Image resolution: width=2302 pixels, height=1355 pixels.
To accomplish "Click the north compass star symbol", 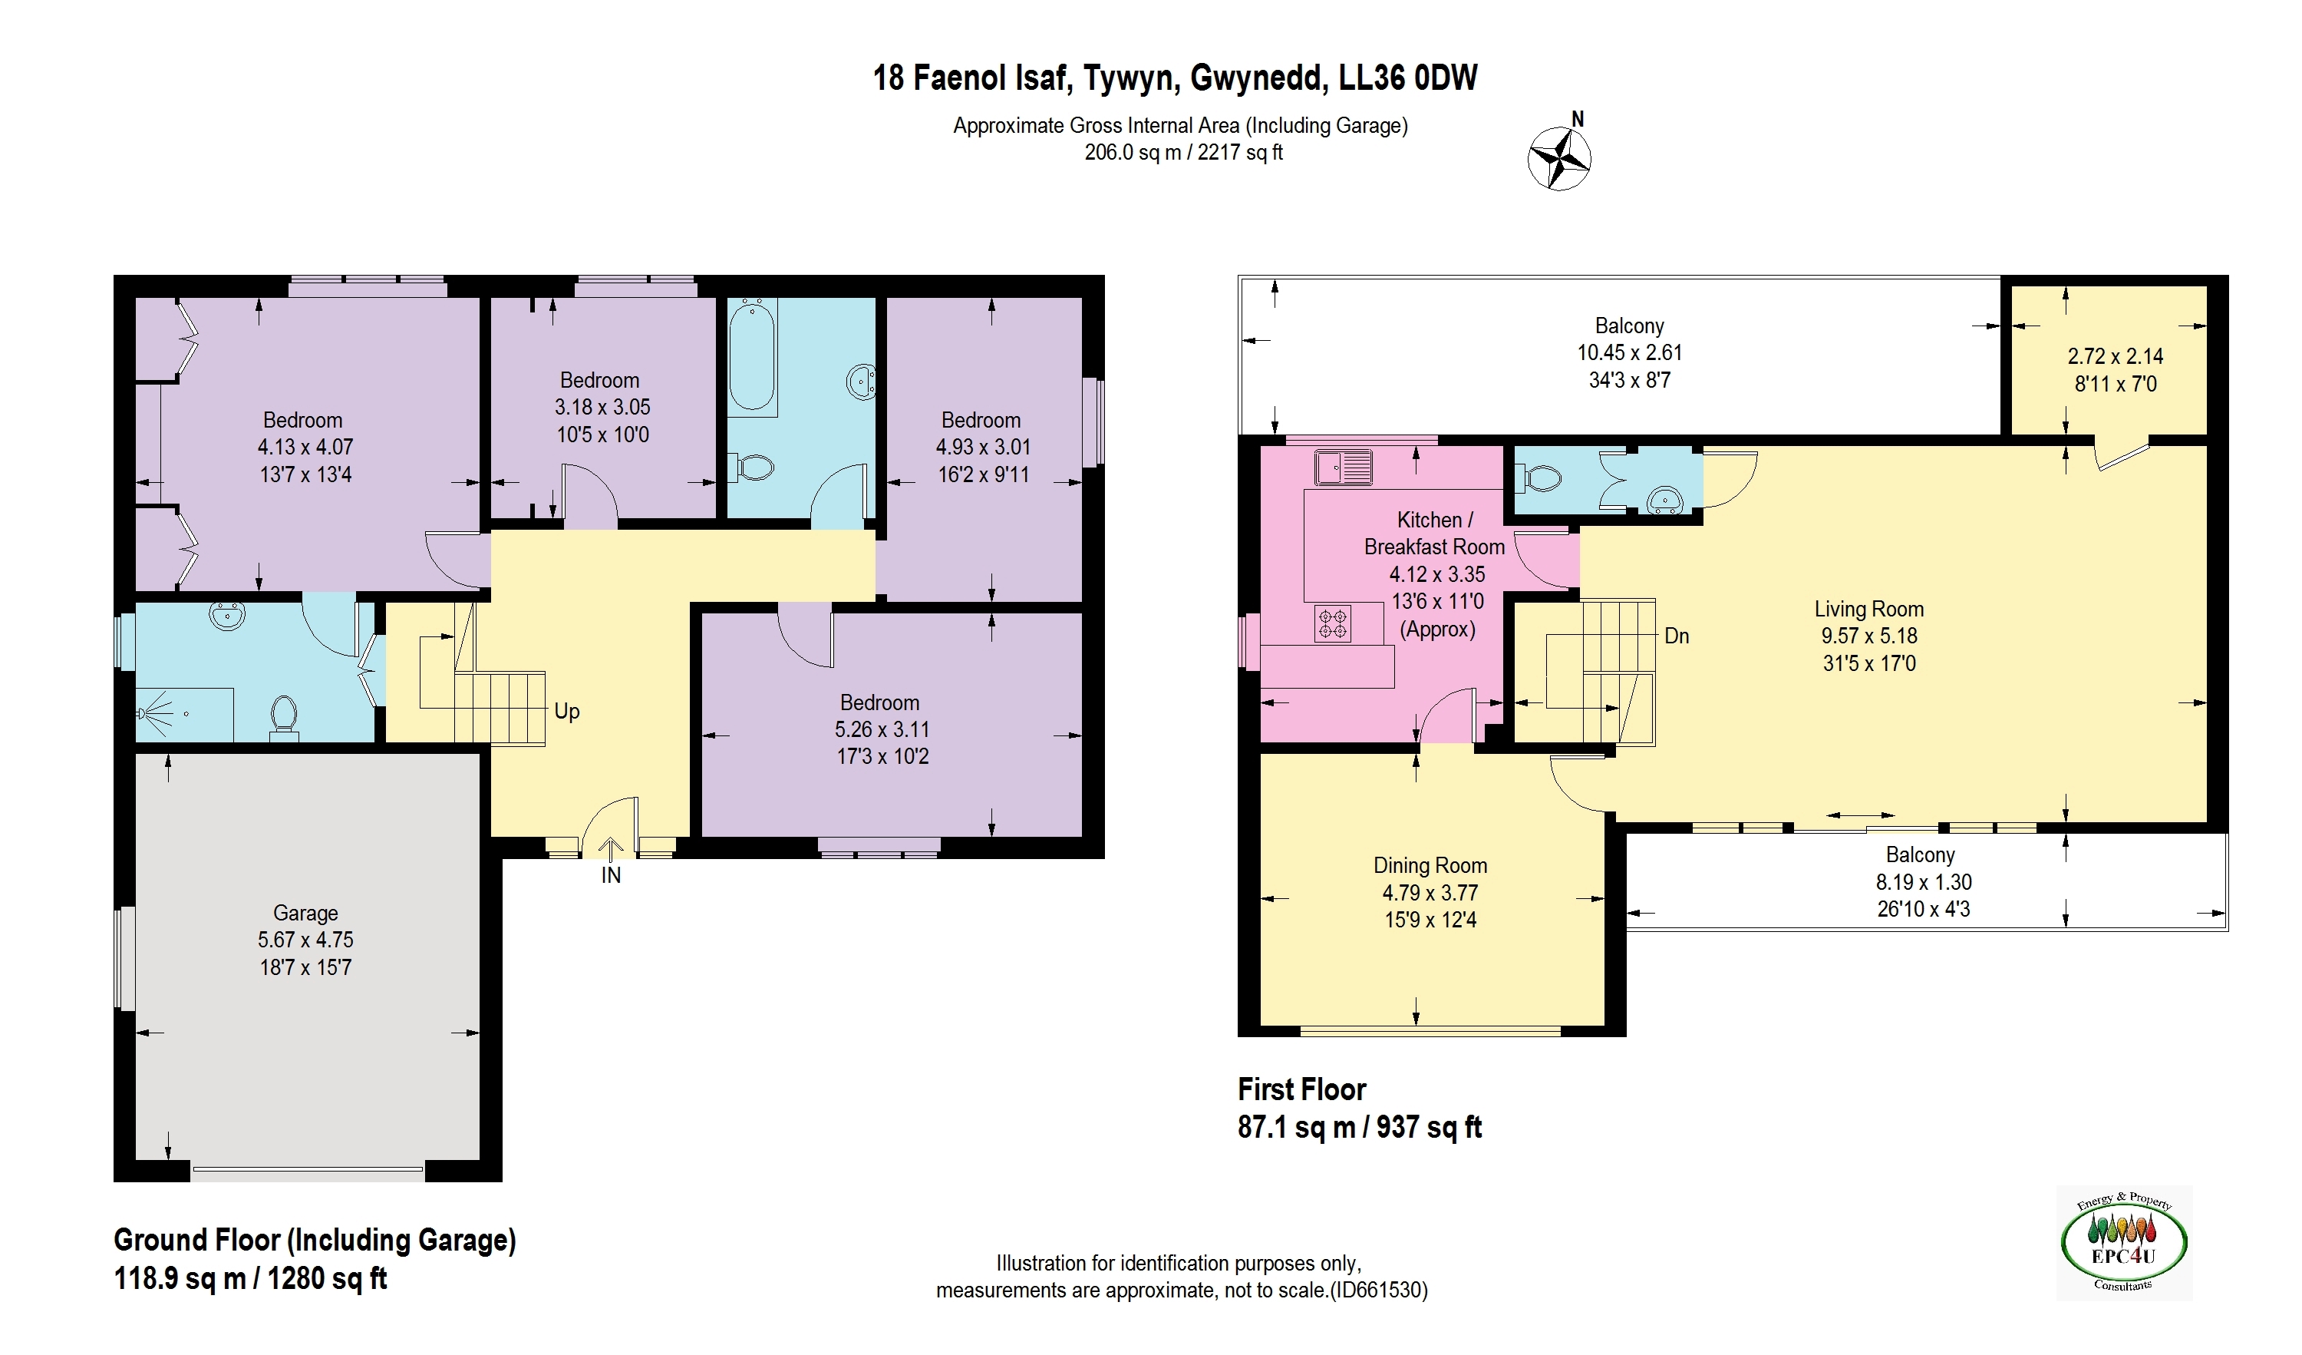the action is (1559, 159).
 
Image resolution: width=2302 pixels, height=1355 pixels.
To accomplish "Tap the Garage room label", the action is (305, 913).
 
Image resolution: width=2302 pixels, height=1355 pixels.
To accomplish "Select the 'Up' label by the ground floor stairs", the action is (567, 711).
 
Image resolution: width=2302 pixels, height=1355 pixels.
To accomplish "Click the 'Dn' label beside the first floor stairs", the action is (1677, 636).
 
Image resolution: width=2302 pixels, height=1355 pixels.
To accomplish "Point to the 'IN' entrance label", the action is (611, 875).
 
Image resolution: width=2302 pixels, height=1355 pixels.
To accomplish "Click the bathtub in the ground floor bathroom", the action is (752, 357).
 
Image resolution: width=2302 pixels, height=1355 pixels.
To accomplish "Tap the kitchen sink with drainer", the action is (1343, 466).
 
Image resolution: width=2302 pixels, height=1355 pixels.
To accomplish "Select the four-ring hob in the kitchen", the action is (1333, 624).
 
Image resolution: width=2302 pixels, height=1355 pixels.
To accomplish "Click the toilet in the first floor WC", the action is (1539, 478).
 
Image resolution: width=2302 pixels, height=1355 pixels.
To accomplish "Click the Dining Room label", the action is (1430, 865).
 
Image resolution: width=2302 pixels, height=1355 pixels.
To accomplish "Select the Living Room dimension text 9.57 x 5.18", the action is (1868, 636).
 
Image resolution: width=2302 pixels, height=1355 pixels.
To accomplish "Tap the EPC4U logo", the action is (2124, 1243).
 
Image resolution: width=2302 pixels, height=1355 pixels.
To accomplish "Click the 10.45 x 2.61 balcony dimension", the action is (1629, 352).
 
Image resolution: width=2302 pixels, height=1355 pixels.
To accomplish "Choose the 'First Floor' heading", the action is (1301, 1089).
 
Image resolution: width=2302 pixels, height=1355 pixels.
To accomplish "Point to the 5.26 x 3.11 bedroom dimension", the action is (882, 729).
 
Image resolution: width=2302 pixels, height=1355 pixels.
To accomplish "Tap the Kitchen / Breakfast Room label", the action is (1434, 533).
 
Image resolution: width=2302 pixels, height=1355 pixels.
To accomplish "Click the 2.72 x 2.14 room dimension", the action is (2115, 356).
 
